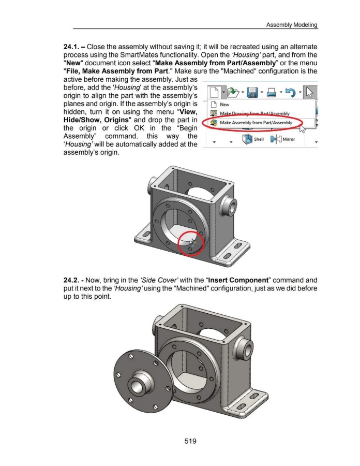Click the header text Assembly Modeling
[x=292, y=25]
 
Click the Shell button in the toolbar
[x=253, y=139]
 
